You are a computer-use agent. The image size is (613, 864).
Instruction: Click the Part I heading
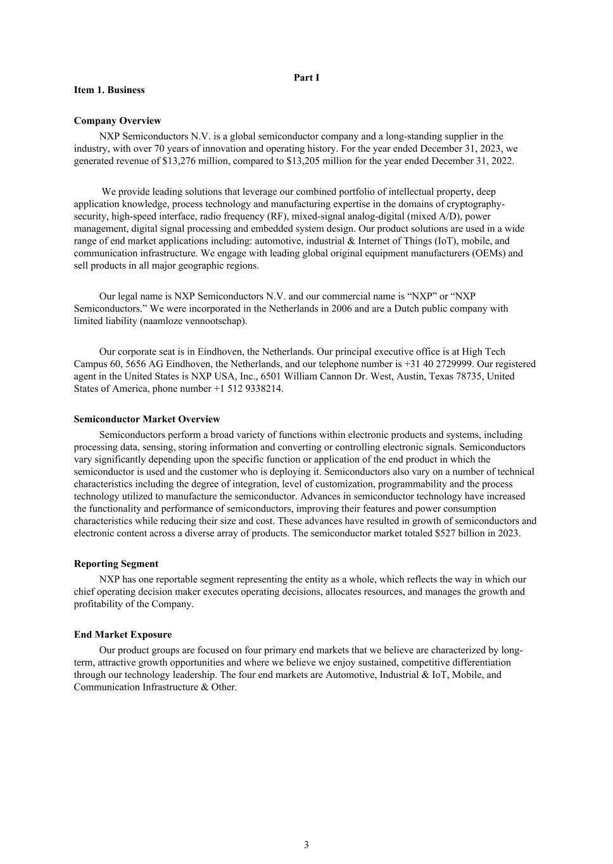(306, 77)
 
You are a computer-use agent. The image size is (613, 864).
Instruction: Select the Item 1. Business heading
(109, 90)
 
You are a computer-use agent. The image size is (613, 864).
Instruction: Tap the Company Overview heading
(117, 120)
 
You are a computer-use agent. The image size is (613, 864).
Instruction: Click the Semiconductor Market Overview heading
(147, 419)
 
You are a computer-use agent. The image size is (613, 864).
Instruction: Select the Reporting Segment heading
(116, 563)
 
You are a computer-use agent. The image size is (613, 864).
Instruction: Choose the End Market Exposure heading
(123, 634)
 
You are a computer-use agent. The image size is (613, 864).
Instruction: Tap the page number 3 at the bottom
(306, 844)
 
